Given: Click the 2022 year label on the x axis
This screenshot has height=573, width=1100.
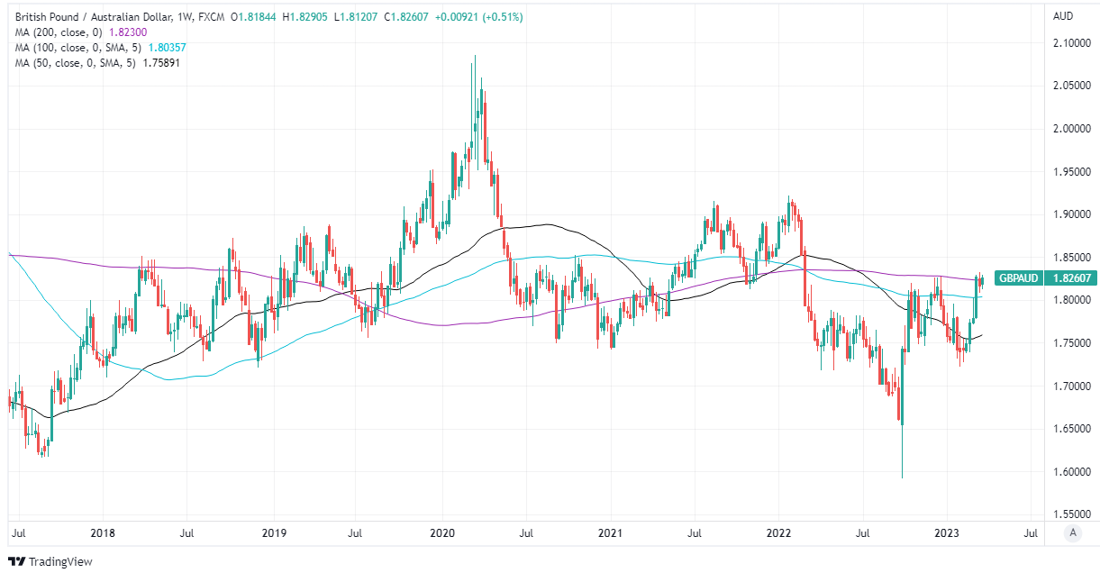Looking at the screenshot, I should (779, 533).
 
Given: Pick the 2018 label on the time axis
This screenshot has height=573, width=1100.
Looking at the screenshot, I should (104, 533).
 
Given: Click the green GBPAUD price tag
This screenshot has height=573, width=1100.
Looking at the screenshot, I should (1045, 278).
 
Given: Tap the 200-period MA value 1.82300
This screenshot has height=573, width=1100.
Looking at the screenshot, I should (127, 32).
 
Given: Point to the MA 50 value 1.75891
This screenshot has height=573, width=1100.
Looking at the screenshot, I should (162, 62).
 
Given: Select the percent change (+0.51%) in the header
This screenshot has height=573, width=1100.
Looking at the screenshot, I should (501, 17).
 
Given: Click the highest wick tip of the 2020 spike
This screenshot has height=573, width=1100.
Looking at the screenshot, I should (475, 56).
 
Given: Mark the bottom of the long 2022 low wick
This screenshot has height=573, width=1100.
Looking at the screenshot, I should (902, 477).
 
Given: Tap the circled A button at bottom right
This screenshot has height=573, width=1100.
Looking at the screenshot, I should (1072, 533).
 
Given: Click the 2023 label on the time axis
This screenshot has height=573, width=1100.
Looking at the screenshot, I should (947, 533).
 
